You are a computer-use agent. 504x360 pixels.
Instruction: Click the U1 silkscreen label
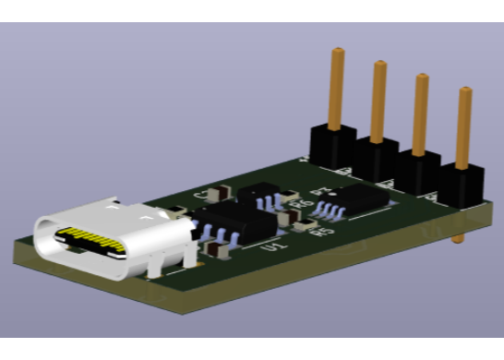[x=270, y=247]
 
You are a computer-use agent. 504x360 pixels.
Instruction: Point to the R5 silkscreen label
[x=322, y=233]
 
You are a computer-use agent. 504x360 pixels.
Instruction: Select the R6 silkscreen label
[x=297, y=204]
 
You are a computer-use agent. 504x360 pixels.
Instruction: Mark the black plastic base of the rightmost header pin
[x=462, y=185]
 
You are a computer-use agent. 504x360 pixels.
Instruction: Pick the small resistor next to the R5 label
[x=304, y=225]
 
